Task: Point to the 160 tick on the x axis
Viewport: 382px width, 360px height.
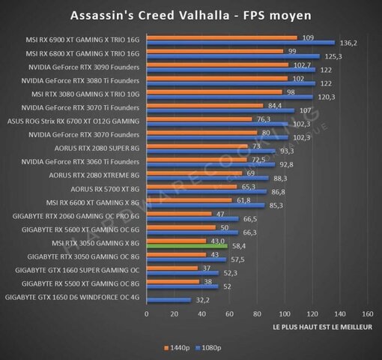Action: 367,313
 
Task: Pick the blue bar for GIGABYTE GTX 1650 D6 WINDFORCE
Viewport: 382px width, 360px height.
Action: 169,300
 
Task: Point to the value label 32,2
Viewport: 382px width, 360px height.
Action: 203,300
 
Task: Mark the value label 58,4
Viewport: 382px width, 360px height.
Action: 239,245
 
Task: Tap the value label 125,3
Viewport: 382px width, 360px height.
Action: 333,56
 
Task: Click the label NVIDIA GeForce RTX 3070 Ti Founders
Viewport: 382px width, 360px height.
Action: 82,107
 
